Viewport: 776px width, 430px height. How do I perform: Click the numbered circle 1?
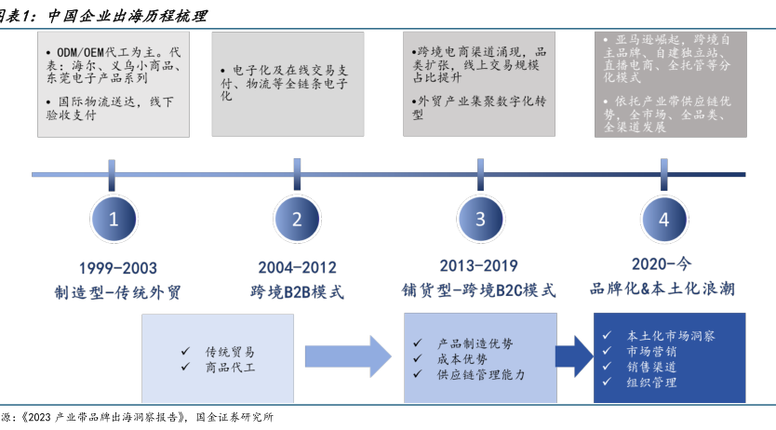click(114, 220)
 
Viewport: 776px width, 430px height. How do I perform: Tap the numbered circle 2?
click(297, 220)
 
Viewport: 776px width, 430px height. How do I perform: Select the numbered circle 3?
click(480, 220)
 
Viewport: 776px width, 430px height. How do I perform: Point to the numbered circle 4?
click(663, 220)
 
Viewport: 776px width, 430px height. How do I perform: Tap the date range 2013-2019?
click(481, 266)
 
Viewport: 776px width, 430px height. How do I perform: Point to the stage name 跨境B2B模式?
click(297, 292)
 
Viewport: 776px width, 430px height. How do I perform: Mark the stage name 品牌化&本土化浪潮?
click(662, 289)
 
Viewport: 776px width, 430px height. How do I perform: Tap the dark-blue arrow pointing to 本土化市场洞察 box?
click(575, 357)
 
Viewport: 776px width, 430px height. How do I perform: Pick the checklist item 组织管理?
click(652, 383)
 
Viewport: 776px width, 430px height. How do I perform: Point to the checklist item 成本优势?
click(462, 358)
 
